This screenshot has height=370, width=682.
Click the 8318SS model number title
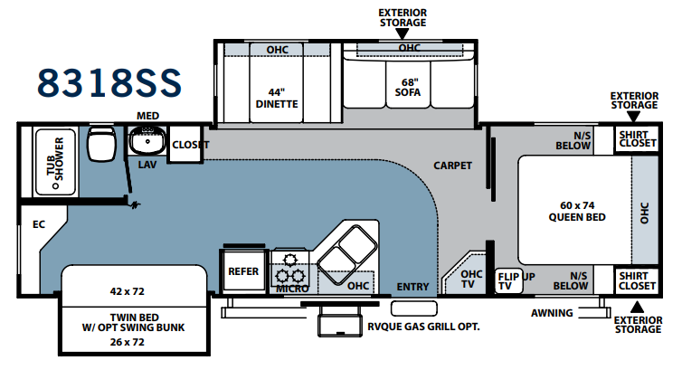[x=109, y=82]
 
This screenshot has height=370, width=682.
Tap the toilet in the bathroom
[x=101, y=143]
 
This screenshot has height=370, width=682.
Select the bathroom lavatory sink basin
[x=147, y=140]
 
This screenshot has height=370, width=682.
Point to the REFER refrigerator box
[x=243, y=270]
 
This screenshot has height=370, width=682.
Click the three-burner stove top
[x=290, y=270]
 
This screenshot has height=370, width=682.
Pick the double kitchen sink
[x=347, y=248]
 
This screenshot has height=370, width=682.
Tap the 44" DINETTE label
[x=277, y=99]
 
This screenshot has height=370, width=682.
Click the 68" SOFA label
[x=408, y=88]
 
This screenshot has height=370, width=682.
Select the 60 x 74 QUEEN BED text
[x=577, y=212]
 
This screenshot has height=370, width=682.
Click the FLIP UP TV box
[x=509, y=280]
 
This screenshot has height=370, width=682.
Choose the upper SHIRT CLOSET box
[x=637, y=139]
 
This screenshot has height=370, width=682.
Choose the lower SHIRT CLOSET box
[x=637, y=280]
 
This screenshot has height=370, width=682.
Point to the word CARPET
[x=452, y=166]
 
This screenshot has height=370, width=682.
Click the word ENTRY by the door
[x=412, y=287]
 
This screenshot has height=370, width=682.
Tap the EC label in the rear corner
[x=39, y=224]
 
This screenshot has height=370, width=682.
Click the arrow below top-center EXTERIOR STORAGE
[x=403, y=33]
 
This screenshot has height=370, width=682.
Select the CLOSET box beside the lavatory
[x=185, y=145]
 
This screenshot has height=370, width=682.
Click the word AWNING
[x=552, y=313]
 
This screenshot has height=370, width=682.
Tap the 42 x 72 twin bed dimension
[x=127, y=291]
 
